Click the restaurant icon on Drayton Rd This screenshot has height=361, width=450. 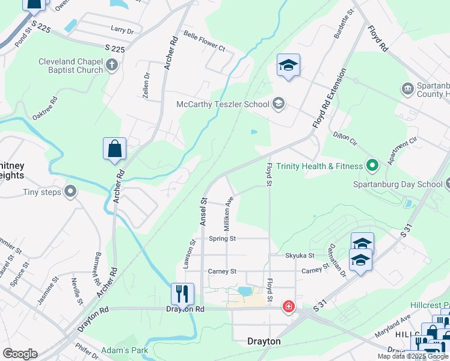click(182, 294)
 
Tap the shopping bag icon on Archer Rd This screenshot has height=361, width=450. click(114, 149)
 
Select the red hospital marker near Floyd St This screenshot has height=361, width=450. click(289, 307)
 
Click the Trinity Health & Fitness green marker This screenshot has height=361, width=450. click(372, 165)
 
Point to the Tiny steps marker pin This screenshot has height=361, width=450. click(70, 193)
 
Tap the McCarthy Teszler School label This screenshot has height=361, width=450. click(223, 104)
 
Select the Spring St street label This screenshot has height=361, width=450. click(222, 239)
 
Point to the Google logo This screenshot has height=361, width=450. click(20, 354)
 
